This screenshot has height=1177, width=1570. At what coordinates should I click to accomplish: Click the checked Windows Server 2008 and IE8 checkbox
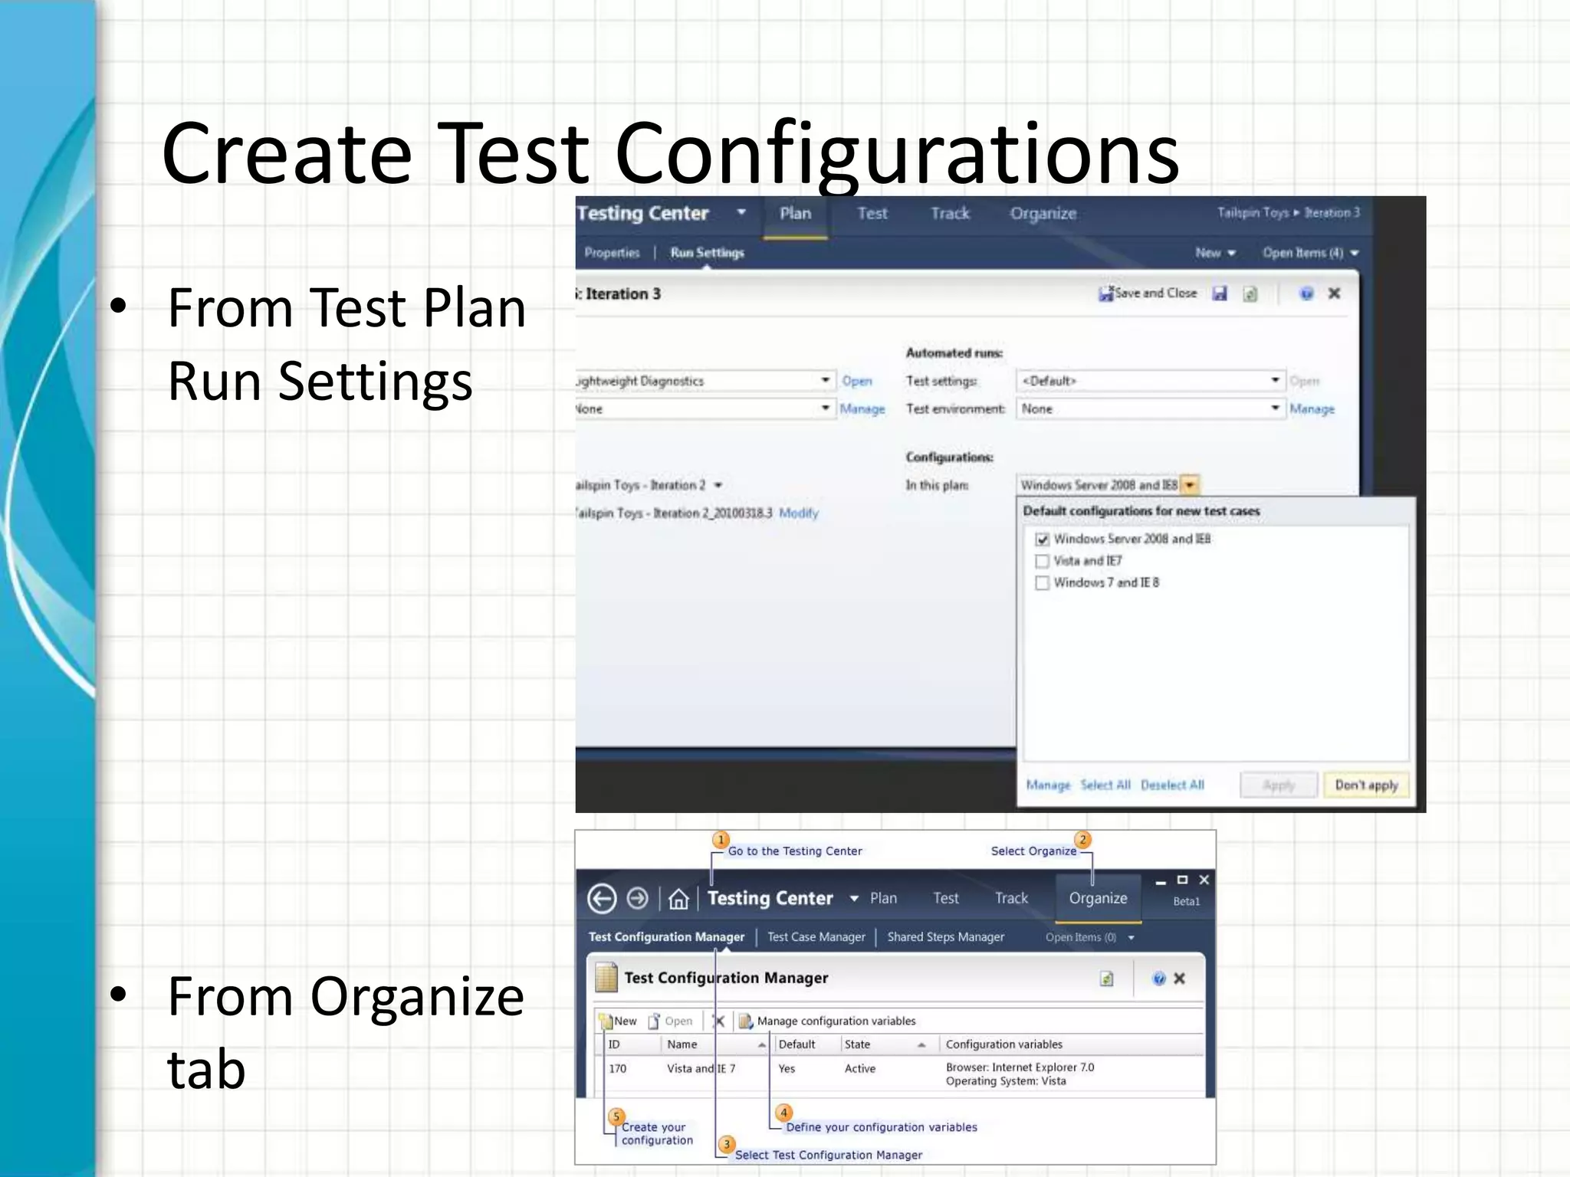pos(1042,539)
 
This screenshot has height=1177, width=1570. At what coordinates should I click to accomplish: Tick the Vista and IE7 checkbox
pos(1042,561)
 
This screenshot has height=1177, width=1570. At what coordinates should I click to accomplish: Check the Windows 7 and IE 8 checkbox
pos(1042,583)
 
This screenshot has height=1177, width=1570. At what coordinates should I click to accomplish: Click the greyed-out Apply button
pos(1278,785)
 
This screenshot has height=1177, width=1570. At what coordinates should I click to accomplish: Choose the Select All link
pos(1105,785)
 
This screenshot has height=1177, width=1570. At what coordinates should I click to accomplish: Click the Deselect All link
pos(1172,785)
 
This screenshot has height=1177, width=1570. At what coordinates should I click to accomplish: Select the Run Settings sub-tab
pos(707,253)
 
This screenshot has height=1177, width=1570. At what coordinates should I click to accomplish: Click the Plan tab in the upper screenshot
pos(795,214)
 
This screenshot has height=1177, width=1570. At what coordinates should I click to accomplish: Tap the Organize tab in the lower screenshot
pos(1098,898)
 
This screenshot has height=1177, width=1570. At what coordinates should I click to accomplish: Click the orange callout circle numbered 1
pos(721,840)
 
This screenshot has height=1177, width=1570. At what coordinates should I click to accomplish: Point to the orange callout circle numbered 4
pos(783,1113)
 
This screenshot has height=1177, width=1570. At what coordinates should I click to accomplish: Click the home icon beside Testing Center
pos(678,899)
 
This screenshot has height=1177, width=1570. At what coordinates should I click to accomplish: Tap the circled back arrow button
pos(602,899)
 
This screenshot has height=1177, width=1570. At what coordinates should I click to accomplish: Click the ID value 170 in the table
pos(618,1068)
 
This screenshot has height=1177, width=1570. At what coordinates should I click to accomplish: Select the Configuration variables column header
pos(1003,1044)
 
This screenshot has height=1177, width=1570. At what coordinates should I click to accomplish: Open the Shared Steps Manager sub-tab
pos(945,937)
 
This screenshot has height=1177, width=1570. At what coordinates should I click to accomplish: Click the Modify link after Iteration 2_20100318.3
pos(798,513)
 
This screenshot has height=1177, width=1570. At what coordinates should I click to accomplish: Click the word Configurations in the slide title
pos(896,153)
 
